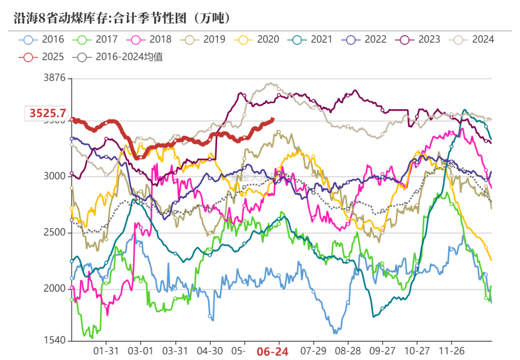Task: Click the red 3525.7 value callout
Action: click(x=47, y=114)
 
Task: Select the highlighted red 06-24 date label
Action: click(x=273, y=352)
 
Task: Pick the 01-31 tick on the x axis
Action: click(x=105, y=351)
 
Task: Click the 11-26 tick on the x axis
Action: click(x=453, y=351)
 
